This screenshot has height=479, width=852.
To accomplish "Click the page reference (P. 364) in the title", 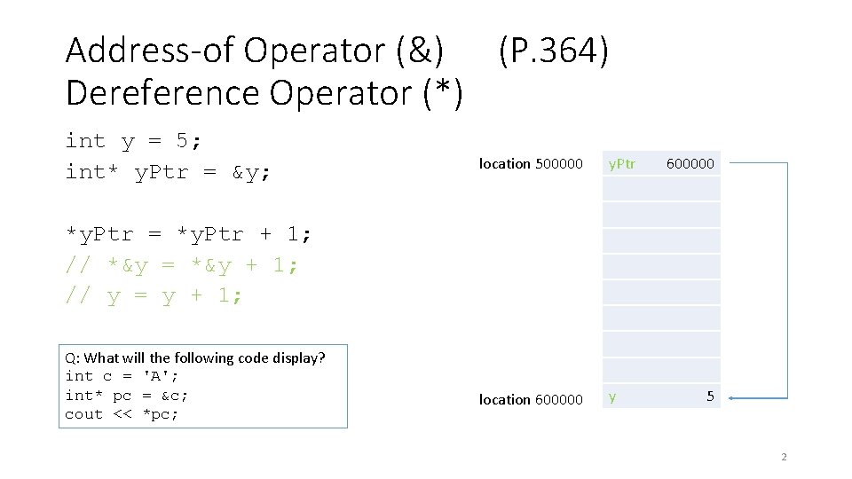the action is (x=554, y=51).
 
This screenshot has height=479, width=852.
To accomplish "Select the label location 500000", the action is (x=531, y=164).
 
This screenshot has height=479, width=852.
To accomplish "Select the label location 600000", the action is (x=531, y=400).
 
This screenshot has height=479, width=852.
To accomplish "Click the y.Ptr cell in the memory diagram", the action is (x=621, y=164).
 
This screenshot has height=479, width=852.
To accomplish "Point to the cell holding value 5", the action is (x=709, y=397).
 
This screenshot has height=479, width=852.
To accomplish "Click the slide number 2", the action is (x=783, y=458).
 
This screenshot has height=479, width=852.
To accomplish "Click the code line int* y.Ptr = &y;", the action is (x=169, y=172).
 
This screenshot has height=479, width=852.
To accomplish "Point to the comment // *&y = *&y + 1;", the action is (x=182, y=266).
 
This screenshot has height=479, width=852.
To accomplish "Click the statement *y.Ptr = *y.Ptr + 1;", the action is (x=189, y=235).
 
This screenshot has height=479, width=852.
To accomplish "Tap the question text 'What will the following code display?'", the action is (x=204, y=358).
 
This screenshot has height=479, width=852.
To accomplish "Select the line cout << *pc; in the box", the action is (x=122, y=414).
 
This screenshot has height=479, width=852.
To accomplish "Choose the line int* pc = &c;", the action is (x=127, y=395).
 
